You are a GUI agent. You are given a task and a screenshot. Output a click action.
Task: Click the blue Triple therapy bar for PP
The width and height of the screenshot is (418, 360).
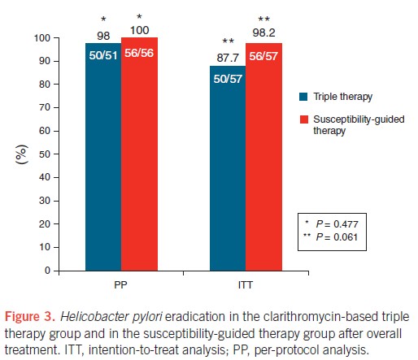tap(103, 157)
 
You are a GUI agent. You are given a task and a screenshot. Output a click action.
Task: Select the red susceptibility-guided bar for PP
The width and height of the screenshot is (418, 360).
tap(139, 154)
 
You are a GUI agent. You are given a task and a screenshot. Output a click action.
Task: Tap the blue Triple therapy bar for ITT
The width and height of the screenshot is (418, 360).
tap(228, 168)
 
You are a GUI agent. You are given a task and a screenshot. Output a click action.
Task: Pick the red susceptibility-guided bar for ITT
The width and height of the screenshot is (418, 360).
tap(263, 157)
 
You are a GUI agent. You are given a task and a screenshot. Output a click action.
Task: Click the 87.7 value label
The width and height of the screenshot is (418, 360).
tap(228, 58)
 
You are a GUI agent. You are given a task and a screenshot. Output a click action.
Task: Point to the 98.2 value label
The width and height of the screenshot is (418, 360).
tap(263, 33)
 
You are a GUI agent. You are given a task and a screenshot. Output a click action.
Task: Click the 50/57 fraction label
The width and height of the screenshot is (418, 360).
tap(228, 79)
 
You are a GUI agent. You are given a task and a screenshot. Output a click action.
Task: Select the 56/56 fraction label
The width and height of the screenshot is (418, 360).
tap(139, 53)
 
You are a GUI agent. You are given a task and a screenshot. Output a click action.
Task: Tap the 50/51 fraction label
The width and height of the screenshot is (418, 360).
tap(103, 55)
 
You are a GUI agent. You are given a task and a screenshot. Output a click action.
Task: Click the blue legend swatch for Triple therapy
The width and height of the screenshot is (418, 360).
tap(303, 97)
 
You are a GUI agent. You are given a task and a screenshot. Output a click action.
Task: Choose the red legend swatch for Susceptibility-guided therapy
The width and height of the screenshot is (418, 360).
tap(304, 119)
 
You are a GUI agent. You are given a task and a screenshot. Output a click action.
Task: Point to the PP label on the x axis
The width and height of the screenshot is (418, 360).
tap(120, 285)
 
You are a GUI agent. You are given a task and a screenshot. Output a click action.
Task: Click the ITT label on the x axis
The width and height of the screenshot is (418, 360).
tap(246, 285)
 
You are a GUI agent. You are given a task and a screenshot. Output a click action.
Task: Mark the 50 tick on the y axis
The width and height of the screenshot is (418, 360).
tap(45, 154)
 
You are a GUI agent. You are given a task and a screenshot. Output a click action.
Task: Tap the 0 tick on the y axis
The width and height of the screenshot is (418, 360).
tap(47, 271)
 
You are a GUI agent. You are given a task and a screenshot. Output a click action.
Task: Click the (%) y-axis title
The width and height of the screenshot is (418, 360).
tap(21, 154)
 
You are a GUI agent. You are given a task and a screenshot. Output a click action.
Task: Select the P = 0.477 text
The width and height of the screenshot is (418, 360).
tap(337, 224)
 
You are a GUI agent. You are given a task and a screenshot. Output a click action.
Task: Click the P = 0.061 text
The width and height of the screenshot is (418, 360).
tap(337, 237)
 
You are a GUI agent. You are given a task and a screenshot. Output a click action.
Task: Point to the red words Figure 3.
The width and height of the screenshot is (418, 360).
tap(30, 317)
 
